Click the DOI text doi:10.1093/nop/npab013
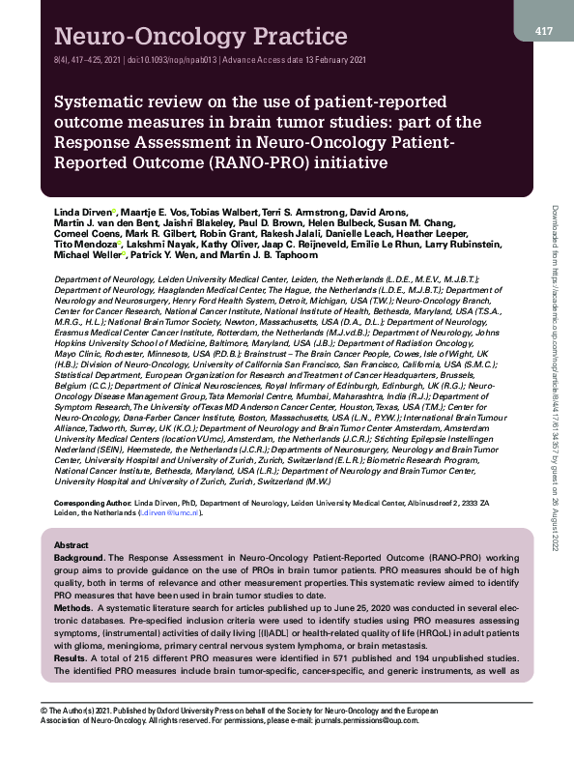pyautogui.click(x=170, y=59)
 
